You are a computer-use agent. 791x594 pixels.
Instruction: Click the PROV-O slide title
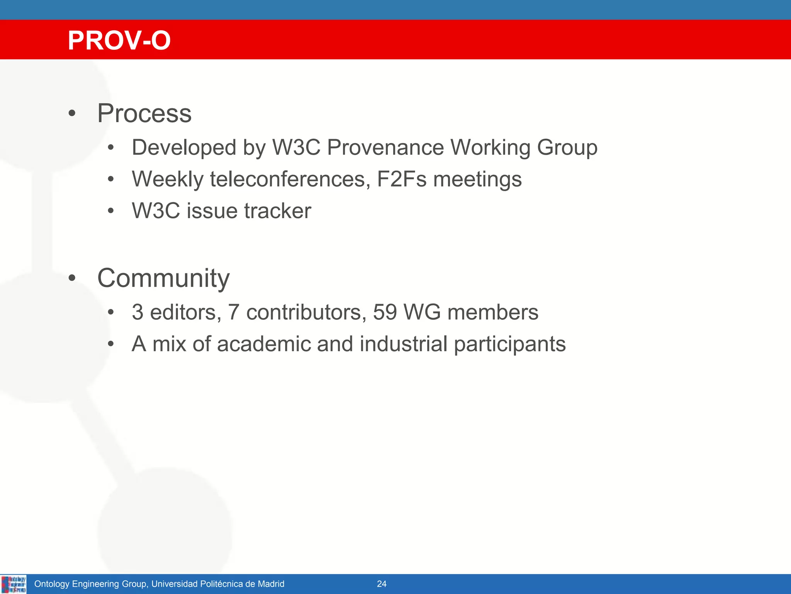[x=119, y=40]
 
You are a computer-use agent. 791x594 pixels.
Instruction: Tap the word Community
[x=163, y=278]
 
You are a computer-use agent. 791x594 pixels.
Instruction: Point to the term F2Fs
[x=401, y=179]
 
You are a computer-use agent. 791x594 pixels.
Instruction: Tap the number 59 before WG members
[x=385, y=312]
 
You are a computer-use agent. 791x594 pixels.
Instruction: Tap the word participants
[x=509, y=345]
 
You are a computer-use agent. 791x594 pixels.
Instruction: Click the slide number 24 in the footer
[x=382, y=584]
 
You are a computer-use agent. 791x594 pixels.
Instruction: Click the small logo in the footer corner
[x=14, y=584]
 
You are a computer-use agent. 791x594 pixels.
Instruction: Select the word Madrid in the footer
[x=271, y=584]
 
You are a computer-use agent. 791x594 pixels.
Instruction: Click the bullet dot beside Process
[x=72, y=114]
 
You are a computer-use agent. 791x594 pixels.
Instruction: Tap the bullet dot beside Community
[x=72, y=278]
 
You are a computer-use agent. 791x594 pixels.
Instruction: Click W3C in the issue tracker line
[x=156, y=211]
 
